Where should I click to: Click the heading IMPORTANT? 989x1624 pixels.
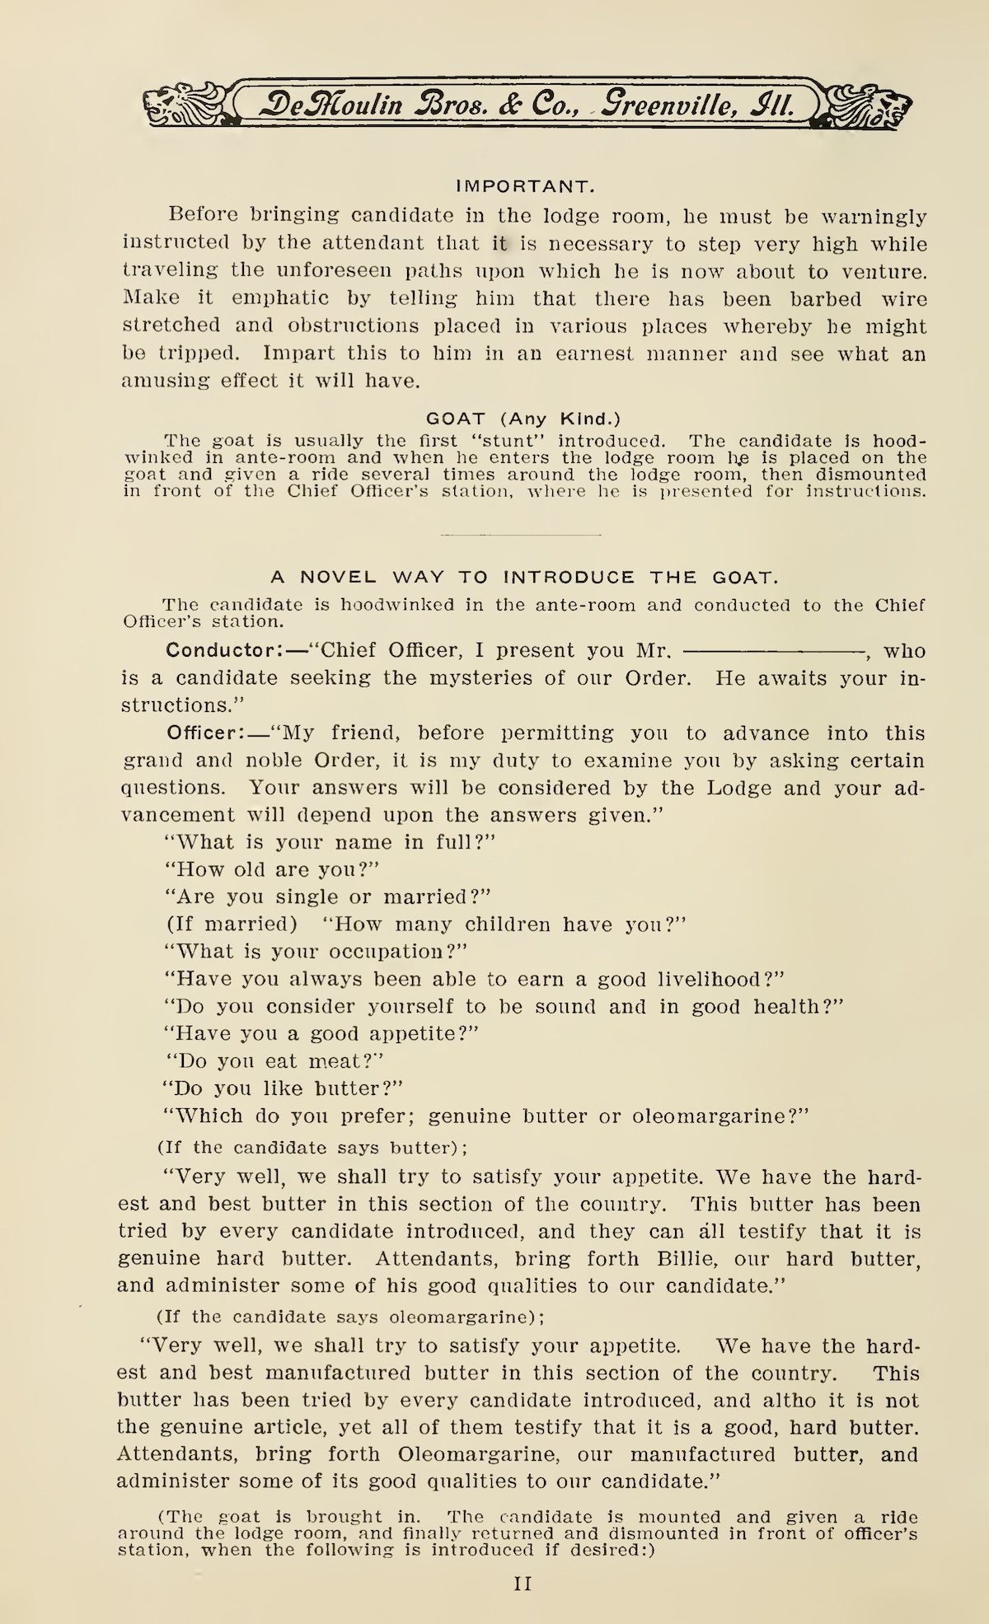click(524, 186)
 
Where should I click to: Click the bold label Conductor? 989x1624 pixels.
click(224, 650)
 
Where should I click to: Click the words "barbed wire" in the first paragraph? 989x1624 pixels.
click(855, 298)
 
